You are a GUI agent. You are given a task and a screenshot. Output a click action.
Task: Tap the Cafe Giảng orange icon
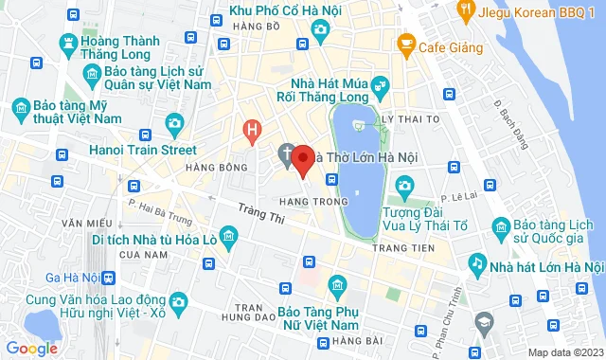pyautogui.click(x=406, y=43)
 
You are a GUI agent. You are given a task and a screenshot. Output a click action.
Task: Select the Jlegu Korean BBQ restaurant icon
pyautogui.click(x=465, y=10)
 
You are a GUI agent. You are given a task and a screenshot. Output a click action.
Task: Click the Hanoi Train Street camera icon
pyautogui.click(x=174, y=123)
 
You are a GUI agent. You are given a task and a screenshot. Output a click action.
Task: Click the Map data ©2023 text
pyautogui.click(x=563, y=352)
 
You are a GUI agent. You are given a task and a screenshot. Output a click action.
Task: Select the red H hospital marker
pyautogui.click(x=252, y=130)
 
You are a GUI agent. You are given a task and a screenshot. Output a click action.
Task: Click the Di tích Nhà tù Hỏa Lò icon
pyautogui.click(x=228, y=234)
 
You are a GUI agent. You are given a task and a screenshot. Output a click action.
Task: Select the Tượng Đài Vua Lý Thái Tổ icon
pyautogui.click(x=405, y=184)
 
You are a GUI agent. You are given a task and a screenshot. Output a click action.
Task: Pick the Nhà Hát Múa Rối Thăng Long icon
pyautogui.click(x=379, y=87)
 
